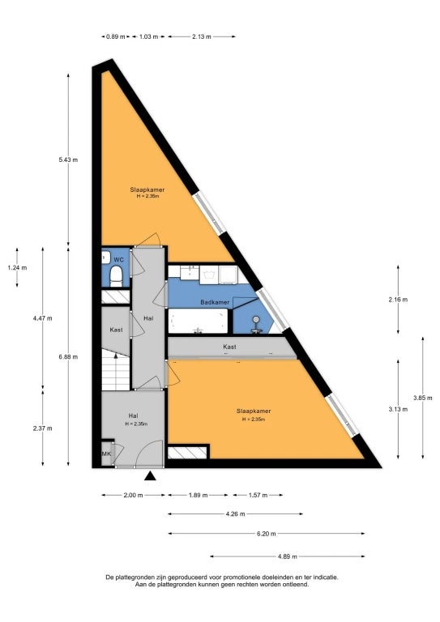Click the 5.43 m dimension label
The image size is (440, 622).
click(68, 160)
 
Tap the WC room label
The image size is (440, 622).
click(117, 259)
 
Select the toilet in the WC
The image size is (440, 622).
click(117, 278)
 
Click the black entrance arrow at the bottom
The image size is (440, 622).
click(149, 476)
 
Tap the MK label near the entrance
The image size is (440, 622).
click(106, 454)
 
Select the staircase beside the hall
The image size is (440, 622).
click(116, 372)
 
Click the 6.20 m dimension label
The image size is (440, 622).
click(265, 534)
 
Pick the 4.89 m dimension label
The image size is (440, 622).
click(287, 557)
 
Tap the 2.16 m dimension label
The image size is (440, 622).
click(399, 299)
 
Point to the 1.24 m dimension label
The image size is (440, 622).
click(16, 268)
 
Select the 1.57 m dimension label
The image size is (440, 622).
click(258, 494)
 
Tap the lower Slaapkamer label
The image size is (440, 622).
click(252, 410)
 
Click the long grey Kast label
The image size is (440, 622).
click(229, 347)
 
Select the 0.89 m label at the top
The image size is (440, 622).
click(116, 36)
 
